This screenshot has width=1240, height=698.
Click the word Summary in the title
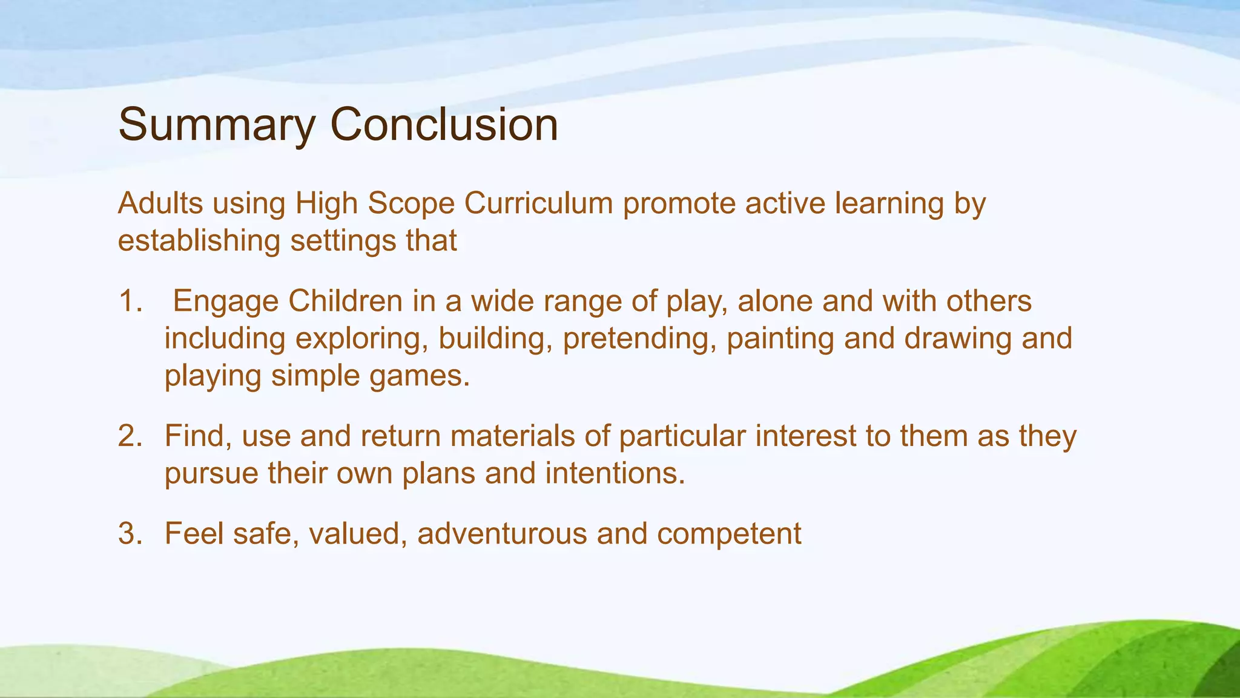point(216,125)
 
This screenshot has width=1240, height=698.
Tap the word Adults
point(160,203)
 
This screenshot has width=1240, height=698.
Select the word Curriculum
point(539,203)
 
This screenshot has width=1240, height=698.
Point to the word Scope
point(411,203)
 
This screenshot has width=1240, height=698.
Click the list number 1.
point(130,301)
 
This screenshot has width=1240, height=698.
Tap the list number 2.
point(130,436)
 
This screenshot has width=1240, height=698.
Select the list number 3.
point(130,534)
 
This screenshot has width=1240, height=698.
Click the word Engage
point(226,301)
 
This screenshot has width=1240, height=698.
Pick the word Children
point(345,301)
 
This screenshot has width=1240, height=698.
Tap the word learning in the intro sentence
point(889,203)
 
